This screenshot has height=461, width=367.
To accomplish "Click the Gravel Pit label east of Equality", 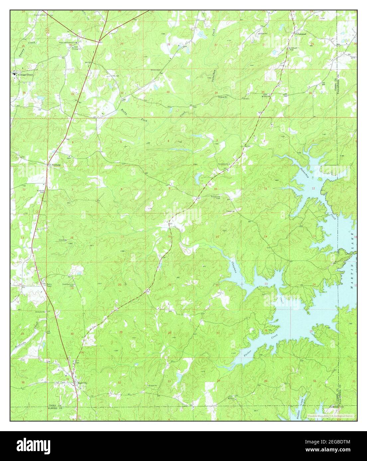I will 153,386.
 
